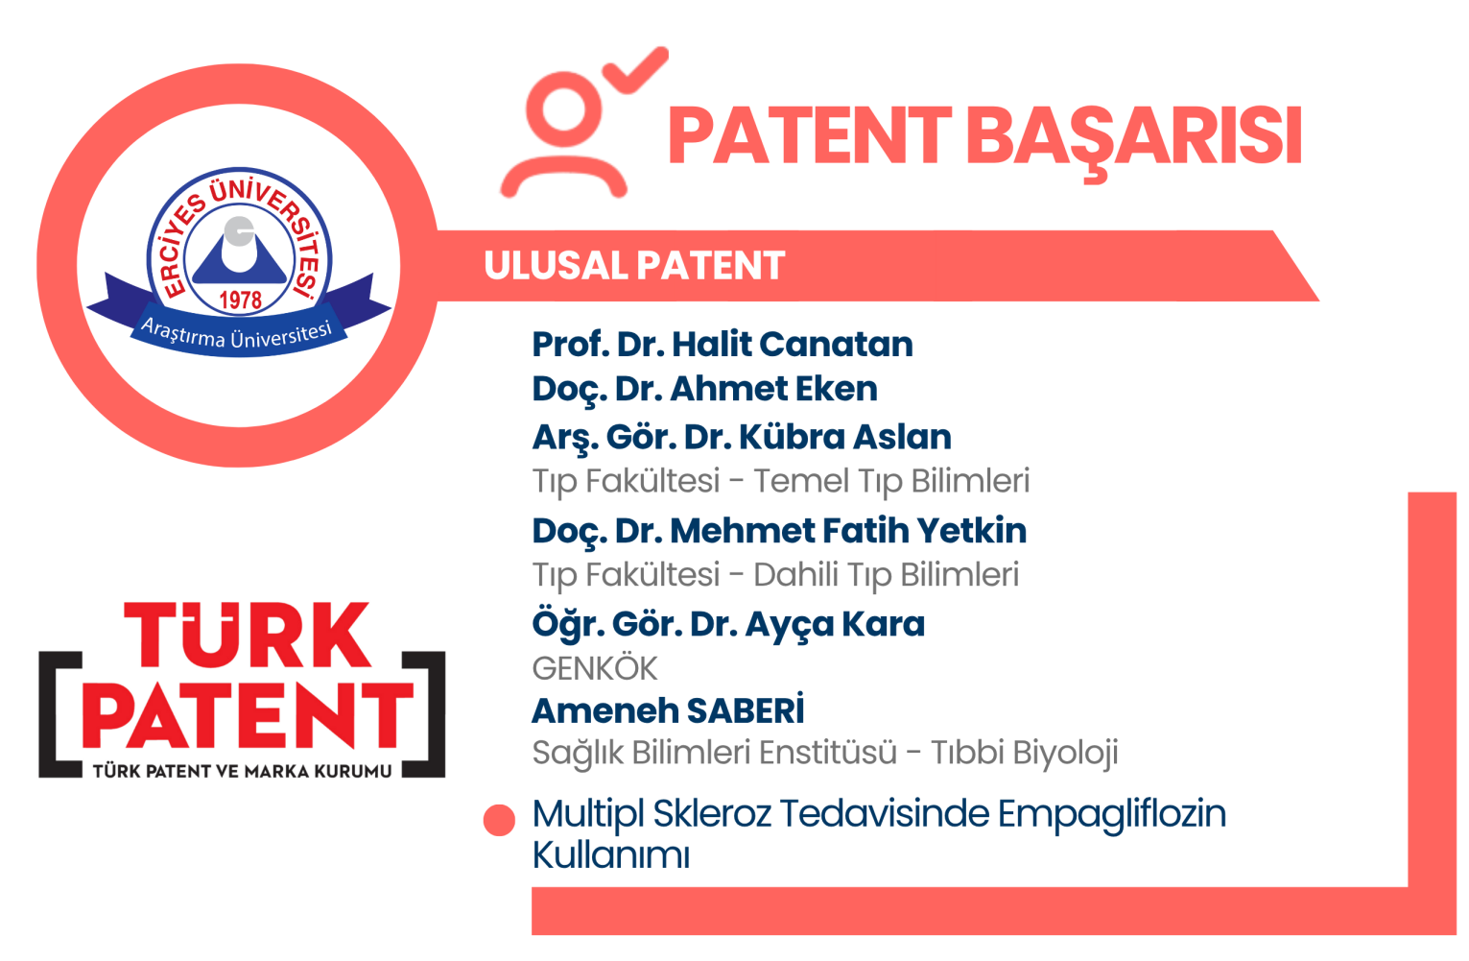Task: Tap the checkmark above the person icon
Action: pos(635,71)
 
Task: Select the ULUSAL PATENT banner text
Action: pos(634,266)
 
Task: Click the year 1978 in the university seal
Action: pos(240,300)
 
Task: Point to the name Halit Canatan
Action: pos(793,345)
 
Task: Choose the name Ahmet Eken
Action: pos(774,388)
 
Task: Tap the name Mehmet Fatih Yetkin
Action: pos(848,530)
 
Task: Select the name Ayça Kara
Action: pos(835,624)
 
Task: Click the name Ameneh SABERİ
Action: pos(668,709)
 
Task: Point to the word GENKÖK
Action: pos(595,669)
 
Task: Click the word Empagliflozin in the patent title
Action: pos(1112,815)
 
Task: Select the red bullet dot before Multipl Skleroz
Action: pos(499,821)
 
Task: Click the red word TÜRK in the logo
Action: pos(248,635)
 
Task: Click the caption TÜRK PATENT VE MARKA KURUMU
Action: pos(242,771)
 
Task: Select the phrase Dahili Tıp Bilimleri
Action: pos(886,575)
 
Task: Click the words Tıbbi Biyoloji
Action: pos(1025,753)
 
